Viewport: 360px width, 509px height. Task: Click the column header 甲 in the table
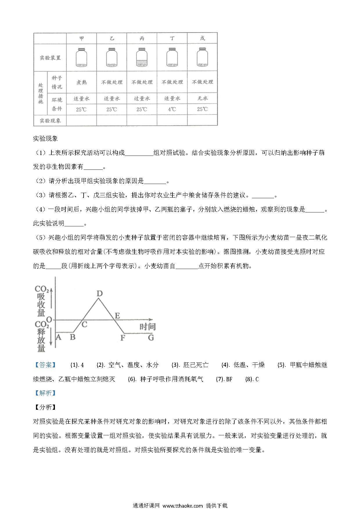[x=82, y=39]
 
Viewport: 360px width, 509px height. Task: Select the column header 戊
[x=202, y=38]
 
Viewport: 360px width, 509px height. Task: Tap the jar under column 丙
[x=142, y=58]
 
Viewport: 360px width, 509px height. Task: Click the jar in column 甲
[x=82, y=58]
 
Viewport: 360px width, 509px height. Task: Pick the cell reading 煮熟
[x=82, y=82]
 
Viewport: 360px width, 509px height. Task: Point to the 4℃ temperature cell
[x=172, y=109]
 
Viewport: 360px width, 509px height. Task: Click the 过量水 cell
[x=142, y=99]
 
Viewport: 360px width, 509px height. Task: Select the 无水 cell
[x=202, y=98]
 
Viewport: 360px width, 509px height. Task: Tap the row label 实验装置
[x=50, y=58]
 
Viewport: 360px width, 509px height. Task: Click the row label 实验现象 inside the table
[x=50, y=121]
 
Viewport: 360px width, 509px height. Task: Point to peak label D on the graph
[x=99, y=294]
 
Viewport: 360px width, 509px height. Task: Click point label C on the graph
[x=84, y=324]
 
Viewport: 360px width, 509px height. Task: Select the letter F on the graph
[x=123, y=338]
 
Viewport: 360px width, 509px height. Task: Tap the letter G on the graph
[x=151, y=337]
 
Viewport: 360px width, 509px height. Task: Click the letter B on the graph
[x=73, y=337]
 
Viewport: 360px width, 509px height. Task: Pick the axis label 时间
[x=147, y=327]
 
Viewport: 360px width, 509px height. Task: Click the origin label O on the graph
[x=49, y=320]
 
